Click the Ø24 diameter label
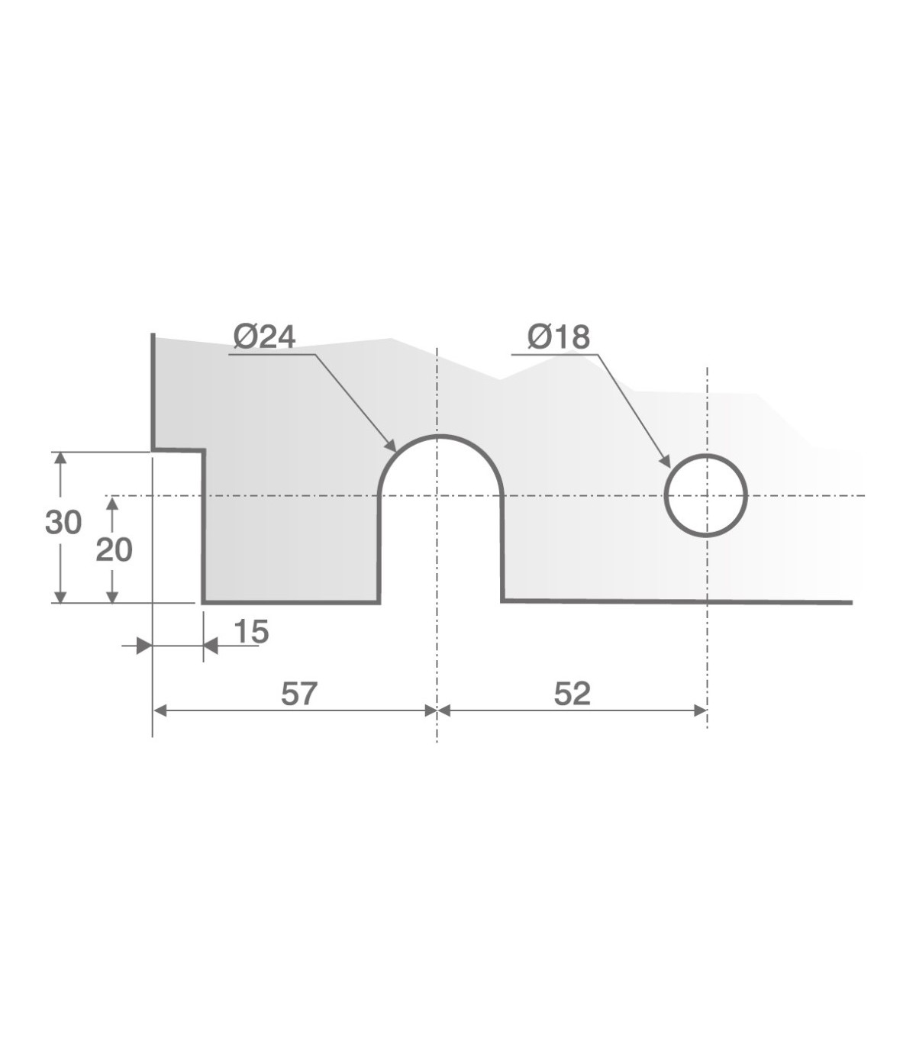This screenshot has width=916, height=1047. click(265, 337)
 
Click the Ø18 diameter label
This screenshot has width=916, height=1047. click(559, 337)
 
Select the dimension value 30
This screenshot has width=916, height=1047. click(63, 523)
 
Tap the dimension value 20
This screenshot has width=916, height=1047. click(114, 551)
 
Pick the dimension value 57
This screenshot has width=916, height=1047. click(299, 694)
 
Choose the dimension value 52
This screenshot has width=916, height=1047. click(572, 694)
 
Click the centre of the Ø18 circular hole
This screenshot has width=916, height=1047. click(706, 495)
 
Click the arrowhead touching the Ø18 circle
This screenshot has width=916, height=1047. click(666, 461)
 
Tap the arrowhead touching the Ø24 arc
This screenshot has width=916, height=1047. click(391, 446)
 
